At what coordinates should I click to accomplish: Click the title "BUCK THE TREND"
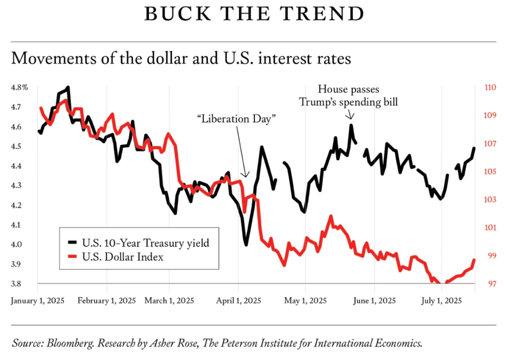click(254, 14)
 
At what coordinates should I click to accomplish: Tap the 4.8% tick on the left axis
click(20, 87)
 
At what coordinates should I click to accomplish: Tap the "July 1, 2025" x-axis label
click(441, 301)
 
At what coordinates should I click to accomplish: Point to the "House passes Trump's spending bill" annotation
click(349, 95)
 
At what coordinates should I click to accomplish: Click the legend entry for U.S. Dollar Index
click(123, 257)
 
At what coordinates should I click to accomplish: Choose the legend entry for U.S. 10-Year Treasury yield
click(145, 243)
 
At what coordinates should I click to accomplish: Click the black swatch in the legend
click(72, 243)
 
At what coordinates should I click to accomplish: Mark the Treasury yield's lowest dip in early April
click(246, 244)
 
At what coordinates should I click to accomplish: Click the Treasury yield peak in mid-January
click(68, 88)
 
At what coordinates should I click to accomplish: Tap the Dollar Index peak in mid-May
click(330, 216)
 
